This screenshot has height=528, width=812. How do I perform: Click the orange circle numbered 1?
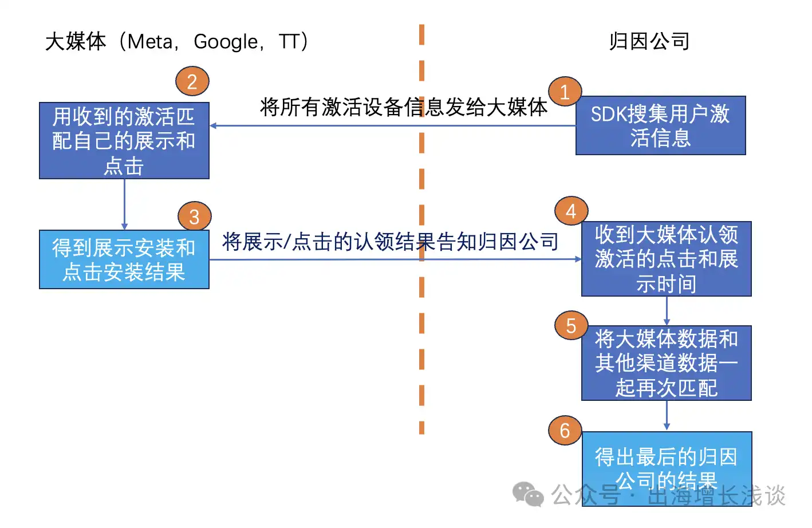(565, 92)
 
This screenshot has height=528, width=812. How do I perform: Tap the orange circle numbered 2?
(192, 82)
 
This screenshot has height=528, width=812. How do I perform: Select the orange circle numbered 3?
(194, 217)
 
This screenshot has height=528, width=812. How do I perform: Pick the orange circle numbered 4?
(571, 212)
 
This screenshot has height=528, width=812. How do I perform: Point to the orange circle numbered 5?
(571, 326)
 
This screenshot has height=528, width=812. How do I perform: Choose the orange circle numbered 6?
(565, 431)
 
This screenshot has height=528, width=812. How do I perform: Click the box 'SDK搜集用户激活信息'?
(660, 126)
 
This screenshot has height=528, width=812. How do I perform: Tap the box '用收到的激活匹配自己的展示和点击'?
(124, 141)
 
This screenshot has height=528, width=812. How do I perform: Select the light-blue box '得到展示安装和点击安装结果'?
(124, 259)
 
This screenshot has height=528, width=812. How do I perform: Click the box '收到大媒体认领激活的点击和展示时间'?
(666, 259)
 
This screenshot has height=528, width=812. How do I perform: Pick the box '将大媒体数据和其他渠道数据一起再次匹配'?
(666, 363)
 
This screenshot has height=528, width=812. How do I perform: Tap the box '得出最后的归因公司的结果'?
(667, 461)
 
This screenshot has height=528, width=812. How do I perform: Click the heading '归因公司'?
(649, 41)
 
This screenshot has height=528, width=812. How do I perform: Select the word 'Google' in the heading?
(226, 42)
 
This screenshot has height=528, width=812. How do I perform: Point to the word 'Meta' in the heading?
(149, 42)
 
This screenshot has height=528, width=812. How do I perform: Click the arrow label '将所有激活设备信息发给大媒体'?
(403, 107)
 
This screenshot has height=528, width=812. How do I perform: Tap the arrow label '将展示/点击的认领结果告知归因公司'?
(390, 242)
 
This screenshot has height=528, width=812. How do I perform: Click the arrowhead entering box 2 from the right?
(213, 126)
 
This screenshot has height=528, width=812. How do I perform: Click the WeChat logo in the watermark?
(527, 494)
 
